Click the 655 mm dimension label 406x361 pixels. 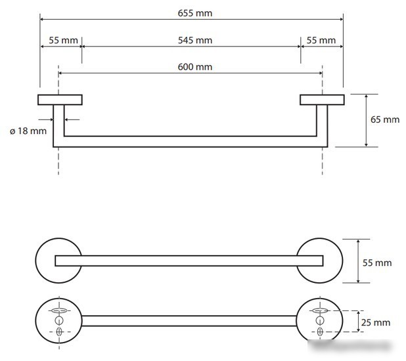(x=195, y=13)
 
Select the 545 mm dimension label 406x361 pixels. (x=195, y=41)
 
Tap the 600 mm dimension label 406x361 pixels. (x=195, y=67)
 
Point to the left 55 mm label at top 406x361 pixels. (x=63, y=41)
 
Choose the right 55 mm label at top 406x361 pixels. (x=321, y=41)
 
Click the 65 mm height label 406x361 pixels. (x=385, y=119)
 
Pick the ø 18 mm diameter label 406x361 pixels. (x=28, y=131)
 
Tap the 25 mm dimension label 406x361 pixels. (x=376, y=323)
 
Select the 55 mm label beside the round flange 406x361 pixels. (x=377, y=263)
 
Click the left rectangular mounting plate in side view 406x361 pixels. (x=60, y=100)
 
